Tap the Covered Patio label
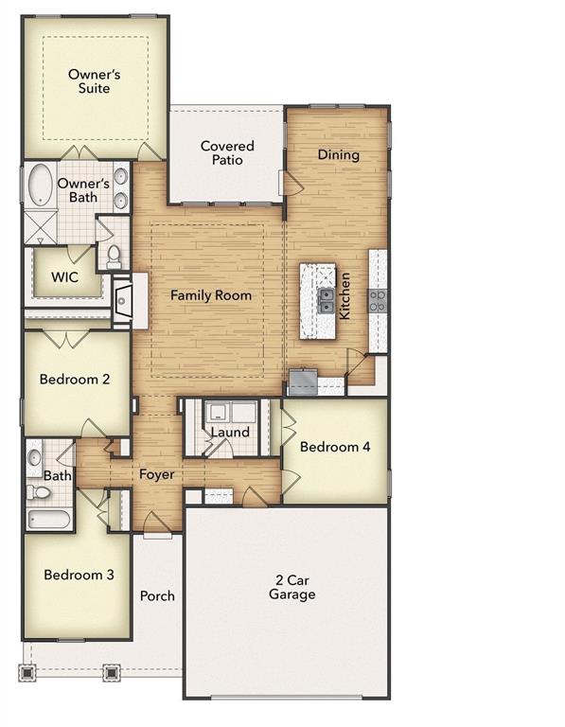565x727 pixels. [227, 153]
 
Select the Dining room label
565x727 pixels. [338, 154]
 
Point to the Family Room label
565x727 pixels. [211, 295]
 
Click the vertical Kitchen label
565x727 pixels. [346, 295]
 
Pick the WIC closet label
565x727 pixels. [64, 277]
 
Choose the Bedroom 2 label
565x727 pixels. [75, 380]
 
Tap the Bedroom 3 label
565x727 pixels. [79, 575]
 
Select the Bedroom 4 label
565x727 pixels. [334, 447]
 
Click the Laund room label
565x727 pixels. [230, 433]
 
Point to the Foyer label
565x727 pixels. [157, 474]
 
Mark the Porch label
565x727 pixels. [157, 596]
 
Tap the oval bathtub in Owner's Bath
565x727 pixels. [41, 186]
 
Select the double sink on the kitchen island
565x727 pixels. [325, 301]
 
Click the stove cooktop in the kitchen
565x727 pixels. [378, 301]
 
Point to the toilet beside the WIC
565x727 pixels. [114, 256]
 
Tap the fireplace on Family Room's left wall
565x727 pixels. [121, 301]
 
